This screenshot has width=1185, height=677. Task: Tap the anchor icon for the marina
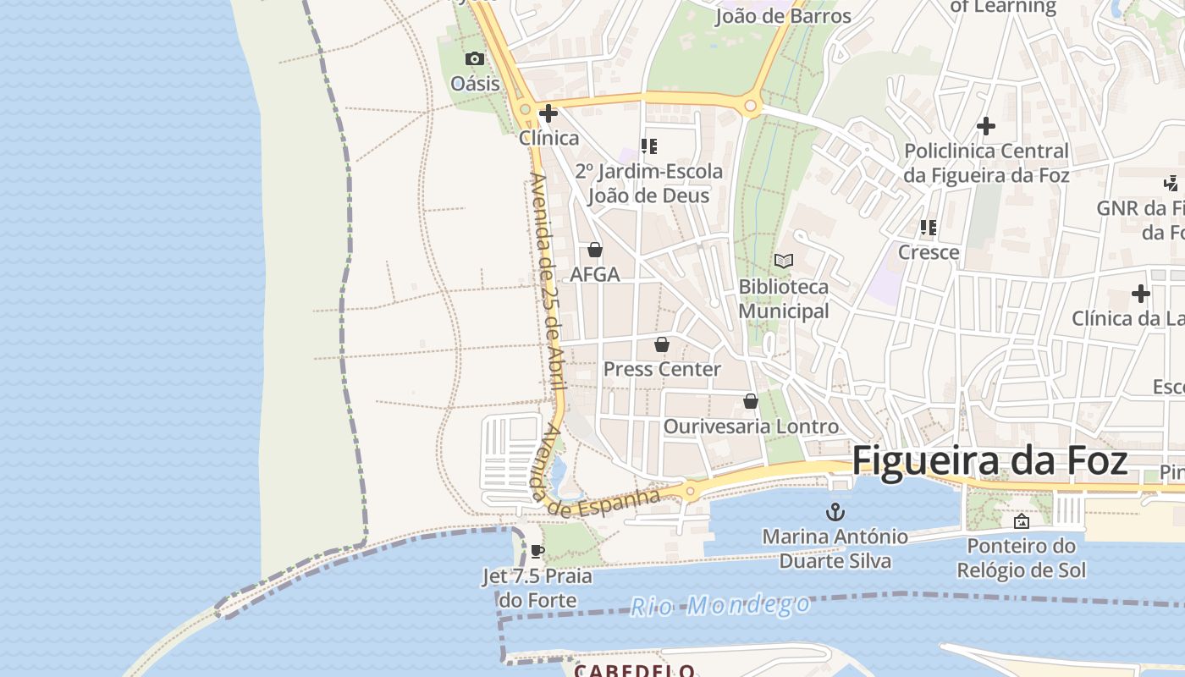click(x=835, y=512)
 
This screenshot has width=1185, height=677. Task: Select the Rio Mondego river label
click(x=719, y=605)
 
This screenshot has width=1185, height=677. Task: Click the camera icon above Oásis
click(x=475, y=58)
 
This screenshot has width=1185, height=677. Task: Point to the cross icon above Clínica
click(x=548, y=113)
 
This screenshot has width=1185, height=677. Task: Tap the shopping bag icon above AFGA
click(x=595, y=250)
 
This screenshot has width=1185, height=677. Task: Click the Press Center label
click(x=662, y=369)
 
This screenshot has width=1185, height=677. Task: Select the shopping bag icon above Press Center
click(x=662, y=344)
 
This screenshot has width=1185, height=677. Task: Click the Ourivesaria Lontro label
click(x=751, y=427)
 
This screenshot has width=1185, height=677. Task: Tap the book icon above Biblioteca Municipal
click(x=784, y=261)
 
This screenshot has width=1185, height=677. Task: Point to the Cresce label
click(x=929, y=252)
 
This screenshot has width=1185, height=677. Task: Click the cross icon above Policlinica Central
click(x=986, y=126)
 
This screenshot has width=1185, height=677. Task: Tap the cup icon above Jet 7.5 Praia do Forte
click(x=537, y=552)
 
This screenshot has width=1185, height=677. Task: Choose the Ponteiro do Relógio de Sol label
click(x=1021, y=558)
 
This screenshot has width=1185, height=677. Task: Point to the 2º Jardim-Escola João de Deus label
click(x=649, y=184)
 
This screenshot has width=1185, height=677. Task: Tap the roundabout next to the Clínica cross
click(x=525, y=109)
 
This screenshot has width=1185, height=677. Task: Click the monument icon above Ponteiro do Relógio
click(x=1021, y=521)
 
